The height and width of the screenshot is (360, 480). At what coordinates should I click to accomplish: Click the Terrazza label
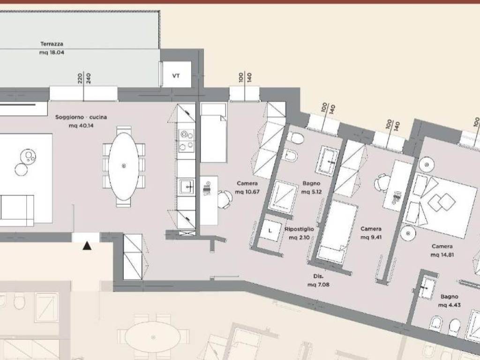click(52, 44)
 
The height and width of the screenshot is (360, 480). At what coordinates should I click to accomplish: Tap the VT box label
click(176, 75)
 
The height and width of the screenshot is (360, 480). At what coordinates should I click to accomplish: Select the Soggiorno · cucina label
click(81, 117)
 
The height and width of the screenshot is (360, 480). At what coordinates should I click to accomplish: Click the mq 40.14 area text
click(81, 126)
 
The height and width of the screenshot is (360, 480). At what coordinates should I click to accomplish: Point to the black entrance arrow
click(87, 246)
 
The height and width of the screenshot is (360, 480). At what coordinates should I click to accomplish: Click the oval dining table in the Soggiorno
click(124, 166)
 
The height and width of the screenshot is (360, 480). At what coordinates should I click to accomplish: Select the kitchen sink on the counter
click(187, 186)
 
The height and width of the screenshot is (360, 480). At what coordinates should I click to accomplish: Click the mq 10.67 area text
click(247, 192)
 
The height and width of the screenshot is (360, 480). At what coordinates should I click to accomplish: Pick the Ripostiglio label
click(299, 229)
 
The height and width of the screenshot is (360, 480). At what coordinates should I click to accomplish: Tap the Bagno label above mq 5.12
click(311, 183)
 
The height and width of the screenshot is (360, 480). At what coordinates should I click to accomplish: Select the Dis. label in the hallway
click(318, 276)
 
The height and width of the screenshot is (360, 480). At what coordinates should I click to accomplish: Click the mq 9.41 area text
click(371, 237)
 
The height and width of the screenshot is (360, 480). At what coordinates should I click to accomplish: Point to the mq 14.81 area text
click(442, 255)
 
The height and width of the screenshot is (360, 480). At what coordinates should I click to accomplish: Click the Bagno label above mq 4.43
click(450, 297)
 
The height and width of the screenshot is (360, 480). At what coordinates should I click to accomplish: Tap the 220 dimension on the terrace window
click(80, 78)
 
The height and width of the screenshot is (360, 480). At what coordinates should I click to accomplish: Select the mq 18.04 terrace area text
click(52, 52)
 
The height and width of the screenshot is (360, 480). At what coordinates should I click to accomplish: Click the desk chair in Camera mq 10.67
click(225, 199)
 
